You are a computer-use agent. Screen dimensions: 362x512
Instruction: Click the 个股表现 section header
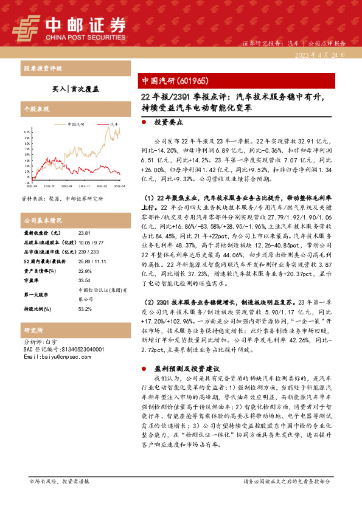click(34, 107)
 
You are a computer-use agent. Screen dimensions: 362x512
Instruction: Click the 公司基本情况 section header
click(38, 220)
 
